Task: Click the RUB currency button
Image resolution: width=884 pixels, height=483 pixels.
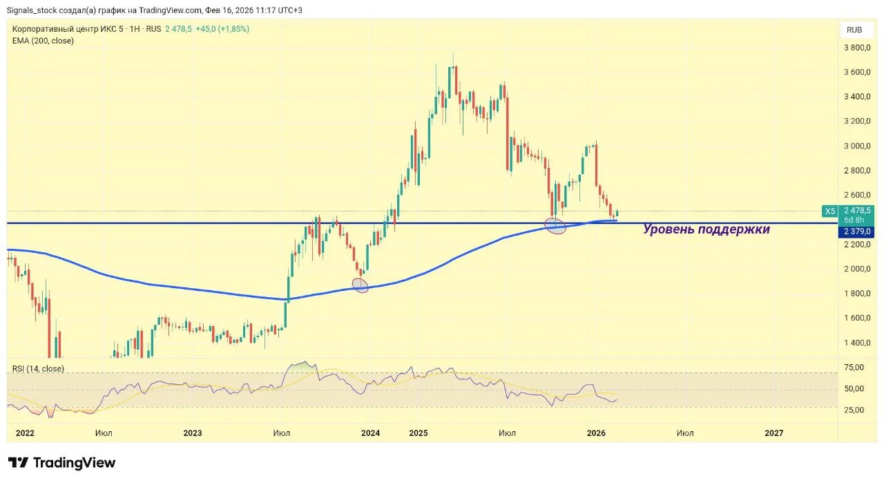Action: click(854, 30)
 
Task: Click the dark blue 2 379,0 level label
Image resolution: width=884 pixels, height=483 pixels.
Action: click(857, 231)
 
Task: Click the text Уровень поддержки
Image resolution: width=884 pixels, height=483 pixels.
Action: click(706, 229)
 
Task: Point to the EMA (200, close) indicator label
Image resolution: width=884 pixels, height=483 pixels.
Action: click(43, 41)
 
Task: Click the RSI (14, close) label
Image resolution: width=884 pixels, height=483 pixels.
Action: click(38, 368)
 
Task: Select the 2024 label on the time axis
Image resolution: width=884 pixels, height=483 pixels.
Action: click(370, 433)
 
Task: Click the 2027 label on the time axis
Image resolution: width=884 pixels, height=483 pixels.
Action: click(774, 433)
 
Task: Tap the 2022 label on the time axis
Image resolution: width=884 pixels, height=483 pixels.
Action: click(24, 433)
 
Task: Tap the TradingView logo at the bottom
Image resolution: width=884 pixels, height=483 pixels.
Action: click(61, 463)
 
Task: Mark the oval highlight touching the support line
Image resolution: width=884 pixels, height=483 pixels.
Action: click(555, 225)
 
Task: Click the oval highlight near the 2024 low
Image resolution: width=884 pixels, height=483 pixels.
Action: click(361, 285)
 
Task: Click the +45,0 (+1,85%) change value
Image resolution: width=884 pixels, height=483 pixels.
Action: click(222, 29)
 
